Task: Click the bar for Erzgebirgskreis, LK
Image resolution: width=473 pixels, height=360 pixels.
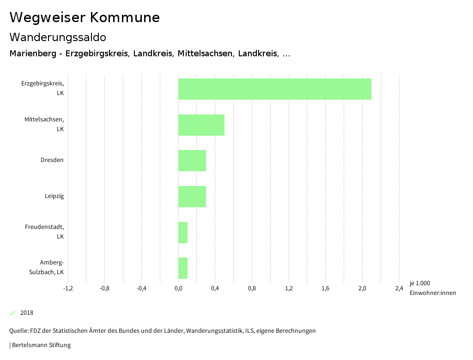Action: click(x=275, y=89)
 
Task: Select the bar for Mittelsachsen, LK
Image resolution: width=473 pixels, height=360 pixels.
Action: click(x=201, y=125)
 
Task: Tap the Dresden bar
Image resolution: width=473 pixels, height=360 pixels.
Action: click(x=192, y=161)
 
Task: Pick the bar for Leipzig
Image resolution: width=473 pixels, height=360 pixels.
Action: click(x=192, y=197)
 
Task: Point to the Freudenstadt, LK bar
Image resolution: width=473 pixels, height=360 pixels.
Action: click(x=183, y=232)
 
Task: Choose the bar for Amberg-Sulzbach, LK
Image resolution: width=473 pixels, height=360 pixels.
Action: click(x=183, y=268)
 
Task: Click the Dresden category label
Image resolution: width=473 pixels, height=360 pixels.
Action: click(x=52, y=160)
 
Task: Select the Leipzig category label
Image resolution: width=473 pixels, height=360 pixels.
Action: click(x=54, y=196)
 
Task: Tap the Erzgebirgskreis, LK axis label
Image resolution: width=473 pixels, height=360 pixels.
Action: click(x=42, y=88)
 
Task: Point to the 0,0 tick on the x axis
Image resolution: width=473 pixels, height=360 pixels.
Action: click(x=178, y=288)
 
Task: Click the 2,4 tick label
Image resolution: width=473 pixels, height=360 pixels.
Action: click(x=399, y=288)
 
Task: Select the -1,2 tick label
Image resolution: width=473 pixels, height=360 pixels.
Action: click(x=68, y=288)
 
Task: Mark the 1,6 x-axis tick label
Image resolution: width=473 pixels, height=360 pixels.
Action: click(x=326, y=288)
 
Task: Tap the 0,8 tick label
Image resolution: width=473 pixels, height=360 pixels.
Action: click(x=252, y=288)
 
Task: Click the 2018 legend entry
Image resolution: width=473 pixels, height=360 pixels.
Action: click(x=26, y=313)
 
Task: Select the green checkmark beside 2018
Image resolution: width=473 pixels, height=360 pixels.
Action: click(x=12, y=313)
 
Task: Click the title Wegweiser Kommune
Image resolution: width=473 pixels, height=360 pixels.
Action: click(x=85, y=18)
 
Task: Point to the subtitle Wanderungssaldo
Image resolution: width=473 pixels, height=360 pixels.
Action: click(x=58, y=37)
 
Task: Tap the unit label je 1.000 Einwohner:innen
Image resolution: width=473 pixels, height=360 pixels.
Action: click(x=432, y=288)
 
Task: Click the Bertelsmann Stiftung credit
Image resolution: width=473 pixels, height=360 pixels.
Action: click(x=41, y=345)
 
